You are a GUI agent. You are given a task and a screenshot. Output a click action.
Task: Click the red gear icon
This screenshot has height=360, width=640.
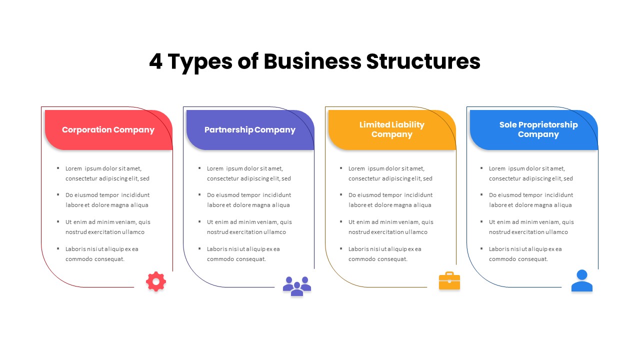[156, 282]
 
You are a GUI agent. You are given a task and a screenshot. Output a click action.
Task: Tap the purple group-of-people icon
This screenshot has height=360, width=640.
[297, 286]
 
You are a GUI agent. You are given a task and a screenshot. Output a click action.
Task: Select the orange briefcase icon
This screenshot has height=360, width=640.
[449, 281]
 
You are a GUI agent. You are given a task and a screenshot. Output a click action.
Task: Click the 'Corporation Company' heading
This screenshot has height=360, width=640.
[108, 130]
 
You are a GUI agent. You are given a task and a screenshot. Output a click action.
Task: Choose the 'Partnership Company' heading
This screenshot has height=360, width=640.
[250, 130]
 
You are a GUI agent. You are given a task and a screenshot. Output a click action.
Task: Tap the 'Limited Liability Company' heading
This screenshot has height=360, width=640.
[391, 129]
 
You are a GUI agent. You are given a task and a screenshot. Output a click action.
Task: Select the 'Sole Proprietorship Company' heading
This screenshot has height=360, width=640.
[538, 129]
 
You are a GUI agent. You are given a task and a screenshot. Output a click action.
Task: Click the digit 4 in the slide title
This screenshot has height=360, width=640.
[156, 61]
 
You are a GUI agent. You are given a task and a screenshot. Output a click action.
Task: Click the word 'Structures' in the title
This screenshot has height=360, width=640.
[423, 61]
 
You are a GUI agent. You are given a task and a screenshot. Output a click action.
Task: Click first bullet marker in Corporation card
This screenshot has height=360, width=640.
[58, 168]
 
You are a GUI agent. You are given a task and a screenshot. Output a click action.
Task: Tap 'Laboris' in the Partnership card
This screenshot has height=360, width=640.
[217, 249]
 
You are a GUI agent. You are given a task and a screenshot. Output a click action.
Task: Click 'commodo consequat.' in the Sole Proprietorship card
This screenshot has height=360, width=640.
[518, 259]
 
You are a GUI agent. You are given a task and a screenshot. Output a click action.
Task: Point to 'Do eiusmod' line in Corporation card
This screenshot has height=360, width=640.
[107, 195]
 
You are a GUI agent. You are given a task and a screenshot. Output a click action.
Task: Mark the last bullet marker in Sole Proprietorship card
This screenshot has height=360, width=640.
[481, 248]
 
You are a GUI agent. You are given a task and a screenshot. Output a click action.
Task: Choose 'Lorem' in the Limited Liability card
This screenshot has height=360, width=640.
[357, 168]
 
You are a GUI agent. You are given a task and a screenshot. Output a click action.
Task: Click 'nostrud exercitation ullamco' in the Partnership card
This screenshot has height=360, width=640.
[246, 232]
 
